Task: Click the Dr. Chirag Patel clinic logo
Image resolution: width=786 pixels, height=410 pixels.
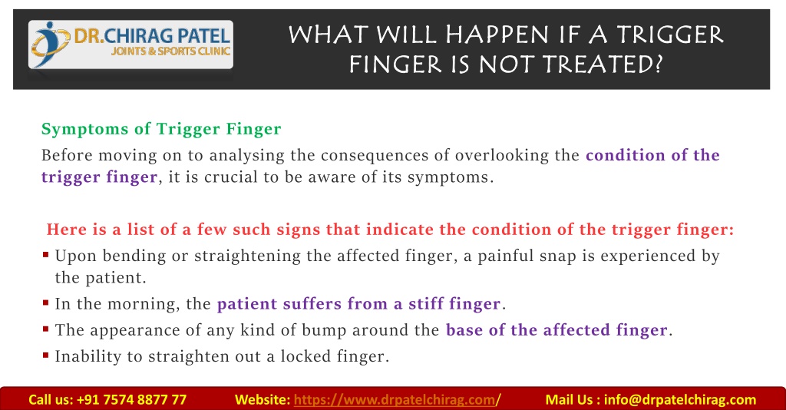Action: coord(130,45)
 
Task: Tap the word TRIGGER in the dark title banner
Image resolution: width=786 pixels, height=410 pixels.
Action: coord(669,35)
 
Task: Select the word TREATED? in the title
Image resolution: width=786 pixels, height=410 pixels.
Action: coord(603,64)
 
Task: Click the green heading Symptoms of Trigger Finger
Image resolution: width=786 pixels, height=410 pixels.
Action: coord(161,129)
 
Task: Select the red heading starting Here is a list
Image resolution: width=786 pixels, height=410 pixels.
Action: coord(390,230)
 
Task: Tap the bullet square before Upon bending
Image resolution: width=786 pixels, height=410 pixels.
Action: coord(45,255)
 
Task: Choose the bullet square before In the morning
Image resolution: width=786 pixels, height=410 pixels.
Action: coord(45,303)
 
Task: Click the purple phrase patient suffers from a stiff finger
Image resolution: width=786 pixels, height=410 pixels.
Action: coord(359,304)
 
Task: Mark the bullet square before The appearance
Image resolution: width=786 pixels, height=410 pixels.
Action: coord(45,329)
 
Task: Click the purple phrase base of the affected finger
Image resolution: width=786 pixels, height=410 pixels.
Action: coord(557,330)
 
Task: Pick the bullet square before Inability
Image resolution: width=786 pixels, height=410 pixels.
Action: coord(45,355)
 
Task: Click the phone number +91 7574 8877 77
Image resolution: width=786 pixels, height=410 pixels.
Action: coord(131,399)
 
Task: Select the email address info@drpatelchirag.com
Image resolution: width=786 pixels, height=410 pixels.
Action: coord(680,399)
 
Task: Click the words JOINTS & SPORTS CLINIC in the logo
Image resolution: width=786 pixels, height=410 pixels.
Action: coord(170,51)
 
